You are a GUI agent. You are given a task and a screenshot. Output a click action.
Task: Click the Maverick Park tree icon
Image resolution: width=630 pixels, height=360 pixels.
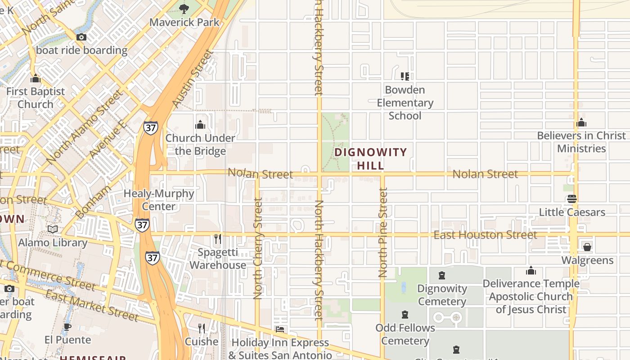[184, 8]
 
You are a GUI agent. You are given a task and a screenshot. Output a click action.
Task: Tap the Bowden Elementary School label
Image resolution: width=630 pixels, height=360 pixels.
[405, 103]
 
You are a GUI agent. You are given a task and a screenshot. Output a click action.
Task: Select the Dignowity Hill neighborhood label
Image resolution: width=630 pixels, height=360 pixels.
[371, 158]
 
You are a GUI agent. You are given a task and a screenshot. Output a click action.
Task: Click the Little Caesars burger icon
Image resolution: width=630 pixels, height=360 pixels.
[572, 198]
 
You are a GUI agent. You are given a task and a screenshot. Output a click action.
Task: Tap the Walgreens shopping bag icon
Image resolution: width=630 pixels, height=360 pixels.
[587, 247]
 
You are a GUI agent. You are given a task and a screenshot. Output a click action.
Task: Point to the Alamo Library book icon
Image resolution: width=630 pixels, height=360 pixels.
[53, 229]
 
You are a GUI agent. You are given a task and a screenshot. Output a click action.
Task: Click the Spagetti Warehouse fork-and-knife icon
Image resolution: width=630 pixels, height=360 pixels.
[218, 238]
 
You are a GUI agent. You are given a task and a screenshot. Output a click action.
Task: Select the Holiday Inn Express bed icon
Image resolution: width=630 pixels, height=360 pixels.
[279, 329]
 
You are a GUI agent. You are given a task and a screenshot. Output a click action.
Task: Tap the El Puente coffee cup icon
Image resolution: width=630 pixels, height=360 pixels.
[67, 327]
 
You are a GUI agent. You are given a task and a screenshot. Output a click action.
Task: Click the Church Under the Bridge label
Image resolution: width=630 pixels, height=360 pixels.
[200, 144]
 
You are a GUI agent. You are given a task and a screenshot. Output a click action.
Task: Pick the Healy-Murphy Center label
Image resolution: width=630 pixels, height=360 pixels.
[159, 200]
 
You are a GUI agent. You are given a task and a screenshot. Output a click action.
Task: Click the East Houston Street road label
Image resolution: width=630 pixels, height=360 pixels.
[485, 235]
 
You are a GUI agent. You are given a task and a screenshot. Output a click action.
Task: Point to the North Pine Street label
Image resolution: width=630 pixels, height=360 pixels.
[383, 232]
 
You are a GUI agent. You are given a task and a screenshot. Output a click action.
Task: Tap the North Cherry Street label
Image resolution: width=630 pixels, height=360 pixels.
[258, 248]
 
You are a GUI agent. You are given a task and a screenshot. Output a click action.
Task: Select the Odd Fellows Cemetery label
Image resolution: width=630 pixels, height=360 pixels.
[405, 334]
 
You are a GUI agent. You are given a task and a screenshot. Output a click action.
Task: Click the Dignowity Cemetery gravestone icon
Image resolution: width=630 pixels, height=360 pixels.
[442, 275]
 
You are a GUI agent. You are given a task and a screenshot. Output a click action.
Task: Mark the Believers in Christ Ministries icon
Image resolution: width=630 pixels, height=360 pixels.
[581, 122]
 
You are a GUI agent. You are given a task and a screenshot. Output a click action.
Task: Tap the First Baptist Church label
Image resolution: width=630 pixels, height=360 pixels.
[36, 98]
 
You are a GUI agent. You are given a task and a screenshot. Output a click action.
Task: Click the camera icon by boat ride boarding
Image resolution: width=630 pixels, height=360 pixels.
[81, 37]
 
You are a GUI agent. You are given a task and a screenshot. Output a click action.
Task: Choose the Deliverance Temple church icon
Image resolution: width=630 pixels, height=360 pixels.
[531, 270]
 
